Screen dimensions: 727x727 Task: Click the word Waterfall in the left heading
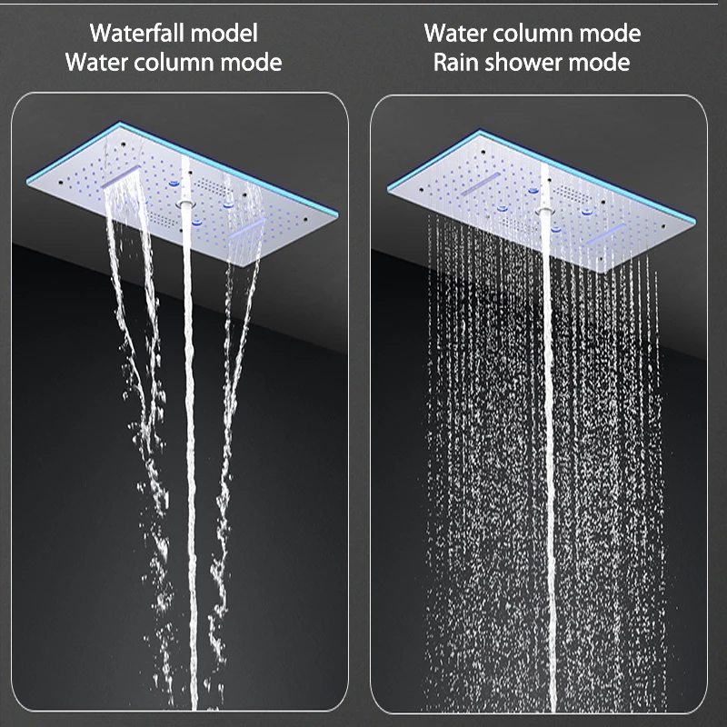[136, 34]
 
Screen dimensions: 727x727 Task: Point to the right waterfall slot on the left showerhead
[250, 223]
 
